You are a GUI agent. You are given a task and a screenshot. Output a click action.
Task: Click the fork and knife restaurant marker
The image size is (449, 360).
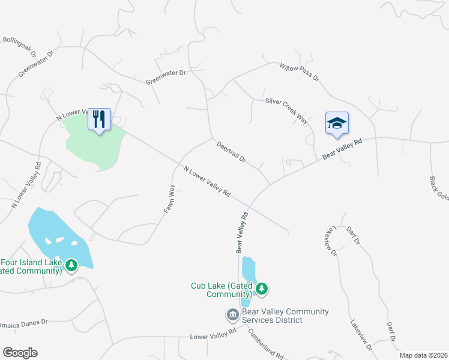[x=99, y=119]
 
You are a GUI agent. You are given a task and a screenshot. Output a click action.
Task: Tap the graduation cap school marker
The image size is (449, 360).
[x=337, y=124]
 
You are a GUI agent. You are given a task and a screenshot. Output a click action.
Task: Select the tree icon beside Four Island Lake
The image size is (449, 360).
[x=71, y=265]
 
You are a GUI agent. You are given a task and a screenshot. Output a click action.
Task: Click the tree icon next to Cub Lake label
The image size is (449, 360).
[x=261, y=289]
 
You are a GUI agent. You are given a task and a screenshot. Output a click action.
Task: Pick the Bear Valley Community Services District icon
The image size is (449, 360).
[x=232, y=315]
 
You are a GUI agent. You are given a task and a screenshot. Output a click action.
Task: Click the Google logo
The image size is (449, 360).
[x=20, y=353]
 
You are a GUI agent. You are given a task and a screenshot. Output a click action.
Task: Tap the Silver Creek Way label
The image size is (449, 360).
[x=286, y=111]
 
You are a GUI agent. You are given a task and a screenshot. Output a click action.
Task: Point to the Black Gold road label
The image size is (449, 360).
[x=439, y=188]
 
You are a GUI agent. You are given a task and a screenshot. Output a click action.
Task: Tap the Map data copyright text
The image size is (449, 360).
[x=423, y=355]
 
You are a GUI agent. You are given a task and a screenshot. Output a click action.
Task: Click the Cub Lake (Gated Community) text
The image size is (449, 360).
[x=221, y=290]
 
